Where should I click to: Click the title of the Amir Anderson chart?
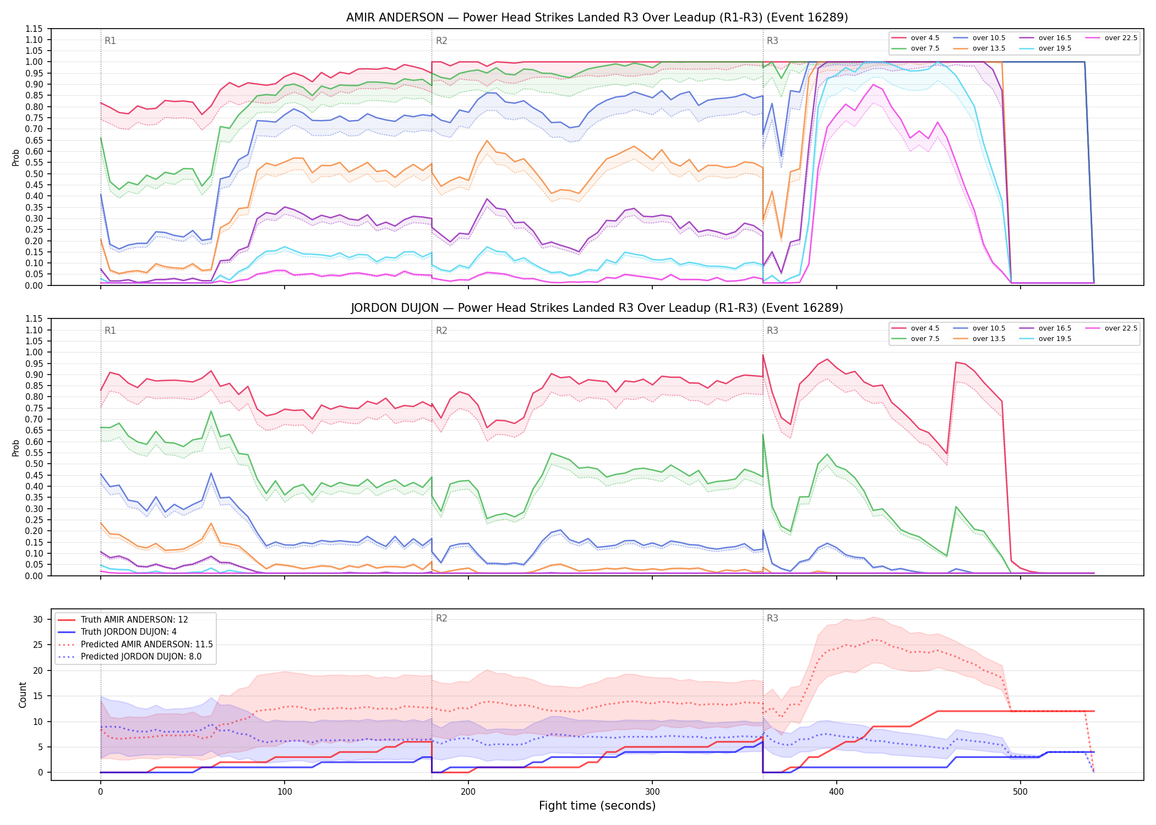597,18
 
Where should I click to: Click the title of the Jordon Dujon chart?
597,308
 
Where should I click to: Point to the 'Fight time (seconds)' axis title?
597,806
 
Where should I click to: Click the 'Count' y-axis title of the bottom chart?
23,695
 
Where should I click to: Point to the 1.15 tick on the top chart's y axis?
34,29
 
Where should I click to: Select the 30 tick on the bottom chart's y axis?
37,619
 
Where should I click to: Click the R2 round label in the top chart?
441,41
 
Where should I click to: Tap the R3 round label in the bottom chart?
772,618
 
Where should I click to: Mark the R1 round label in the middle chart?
110,331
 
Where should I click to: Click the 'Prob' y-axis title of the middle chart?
16,448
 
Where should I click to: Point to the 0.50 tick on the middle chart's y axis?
34,464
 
